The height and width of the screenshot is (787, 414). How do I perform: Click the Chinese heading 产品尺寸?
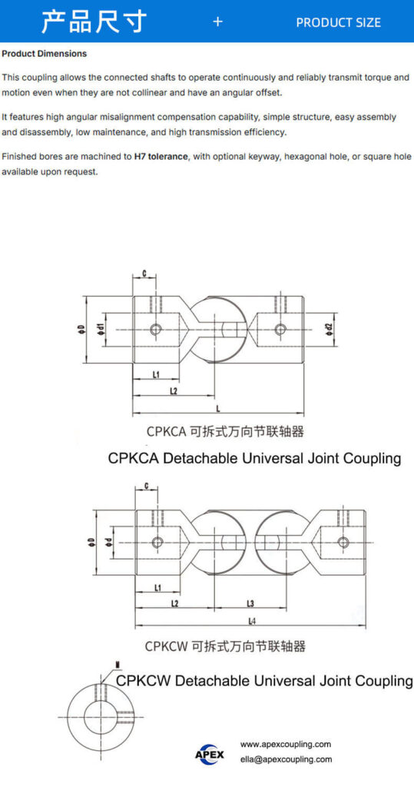pos(94,22)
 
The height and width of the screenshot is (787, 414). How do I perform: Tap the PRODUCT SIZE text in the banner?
pos(338,22)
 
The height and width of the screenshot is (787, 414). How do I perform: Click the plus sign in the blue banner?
pos(218,22)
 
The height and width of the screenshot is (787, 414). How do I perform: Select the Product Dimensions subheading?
pos(44,54)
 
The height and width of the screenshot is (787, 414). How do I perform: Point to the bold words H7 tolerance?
pos(161,157)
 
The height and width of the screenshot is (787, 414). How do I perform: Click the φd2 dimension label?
pos(329,329)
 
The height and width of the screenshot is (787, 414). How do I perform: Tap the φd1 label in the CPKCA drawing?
pos(101,329)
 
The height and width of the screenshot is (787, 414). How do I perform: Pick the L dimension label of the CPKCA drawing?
pos(218,409)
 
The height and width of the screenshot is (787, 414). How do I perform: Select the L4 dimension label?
pos(252,621)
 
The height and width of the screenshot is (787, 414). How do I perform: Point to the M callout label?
pos(117,665)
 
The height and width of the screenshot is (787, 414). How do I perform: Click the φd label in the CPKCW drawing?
pos(108,542)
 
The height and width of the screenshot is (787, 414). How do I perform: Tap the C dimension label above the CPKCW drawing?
pos(145,486)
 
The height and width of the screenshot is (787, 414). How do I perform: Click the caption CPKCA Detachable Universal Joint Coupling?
pos(255,458)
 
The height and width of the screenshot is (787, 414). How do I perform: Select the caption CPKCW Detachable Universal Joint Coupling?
pos(264,681)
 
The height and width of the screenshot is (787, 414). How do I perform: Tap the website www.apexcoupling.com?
pos(286,744)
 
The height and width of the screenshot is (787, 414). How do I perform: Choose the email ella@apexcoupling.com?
pos(286,759)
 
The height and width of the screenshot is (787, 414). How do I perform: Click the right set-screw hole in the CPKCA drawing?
pos(280,329)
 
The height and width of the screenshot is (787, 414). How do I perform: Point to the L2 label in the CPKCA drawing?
pos(173,390)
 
